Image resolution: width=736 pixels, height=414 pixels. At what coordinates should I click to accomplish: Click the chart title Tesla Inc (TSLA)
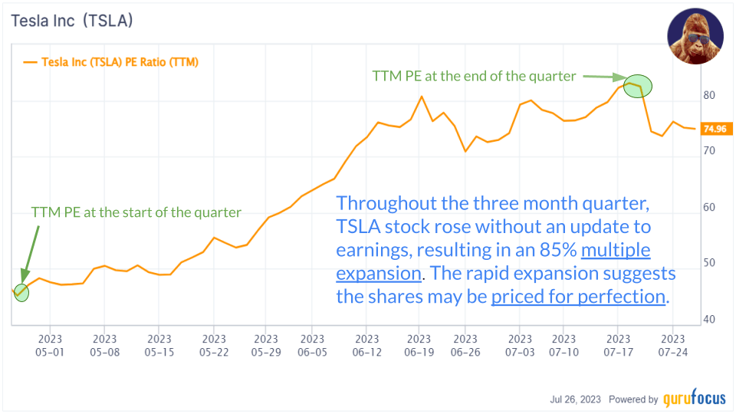[x=72, y=21]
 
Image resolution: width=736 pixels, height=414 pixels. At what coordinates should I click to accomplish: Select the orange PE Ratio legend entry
[x=111, y=62]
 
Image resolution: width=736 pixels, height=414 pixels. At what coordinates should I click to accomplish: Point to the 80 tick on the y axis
[x=711, y=96]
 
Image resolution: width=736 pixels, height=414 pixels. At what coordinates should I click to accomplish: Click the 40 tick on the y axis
[x=711, y=319]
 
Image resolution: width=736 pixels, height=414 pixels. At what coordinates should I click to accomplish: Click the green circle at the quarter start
[x=21, y=292]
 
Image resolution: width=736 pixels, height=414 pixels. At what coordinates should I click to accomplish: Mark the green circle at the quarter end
[x=636, y=87]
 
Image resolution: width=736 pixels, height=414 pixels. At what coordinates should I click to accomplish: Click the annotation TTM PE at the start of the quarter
[x=136, y=212]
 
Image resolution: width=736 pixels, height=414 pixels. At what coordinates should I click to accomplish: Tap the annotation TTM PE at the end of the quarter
[x=474, y=76]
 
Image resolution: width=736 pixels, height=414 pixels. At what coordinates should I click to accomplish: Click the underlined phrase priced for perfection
[x=578, y=295]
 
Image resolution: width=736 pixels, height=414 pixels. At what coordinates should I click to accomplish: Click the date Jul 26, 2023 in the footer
[x=576, y=399]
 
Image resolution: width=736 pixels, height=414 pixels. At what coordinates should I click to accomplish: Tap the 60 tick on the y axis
[x=711, y=208]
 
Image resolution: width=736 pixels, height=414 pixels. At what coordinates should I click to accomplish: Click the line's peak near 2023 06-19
[x=421, y=97]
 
